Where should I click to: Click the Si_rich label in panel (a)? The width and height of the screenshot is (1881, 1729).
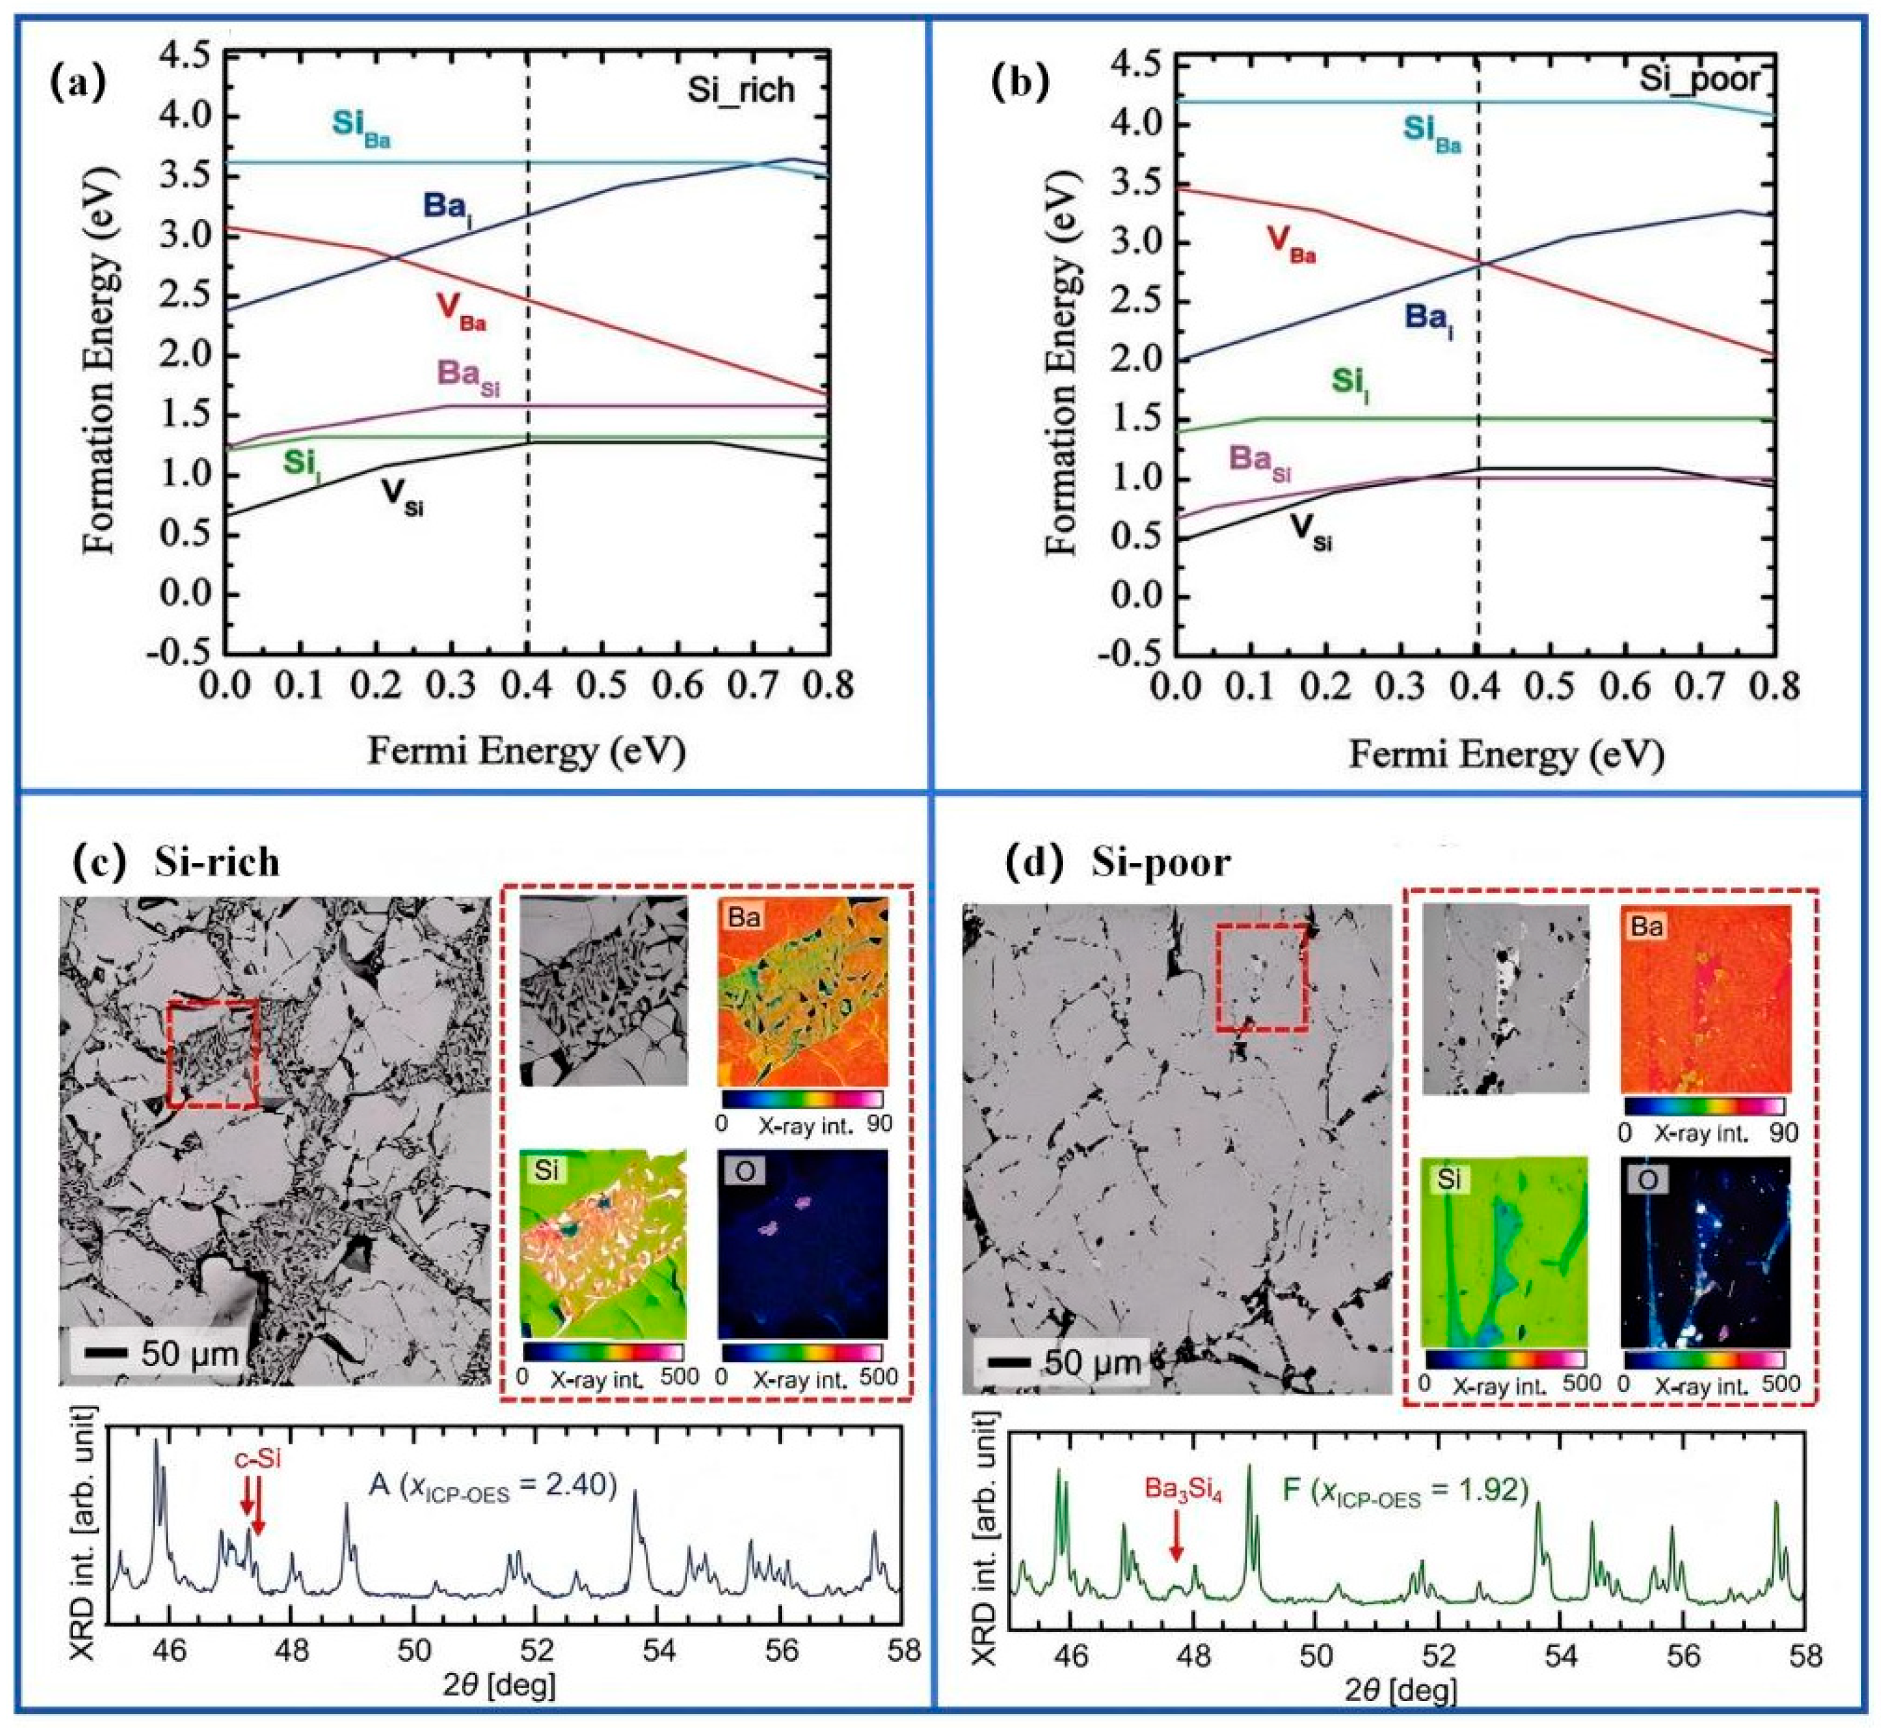(x=741, y=90)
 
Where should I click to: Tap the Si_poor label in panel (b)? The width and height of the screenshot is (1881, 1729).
(x=1700, y=80)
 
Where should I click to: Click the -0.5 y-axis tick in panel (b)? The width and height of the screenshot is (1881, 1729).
(x=1128, y=653)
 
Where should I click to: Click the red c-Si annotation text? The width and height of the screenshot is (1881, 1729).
(x=257, y=1459)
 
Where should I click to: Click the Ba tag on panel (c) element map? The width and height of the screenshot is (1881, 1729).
(x=744, y=917)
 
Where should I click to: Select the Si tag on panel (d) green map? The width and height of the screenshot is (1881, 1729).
(x=1448, y=1180)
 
